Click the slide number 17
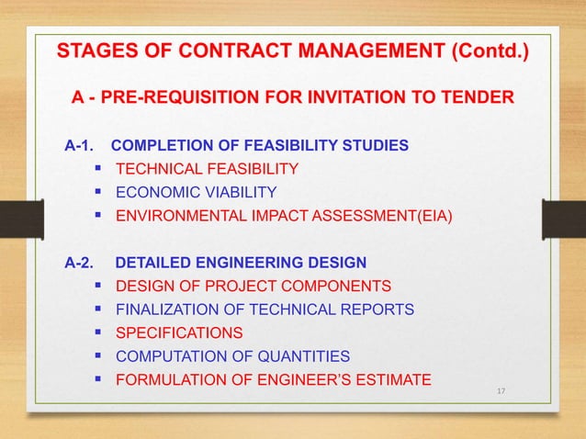tap(501, 392)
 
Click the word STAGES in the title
tap(89, 50)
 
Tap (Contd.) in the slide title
tap(488, 50)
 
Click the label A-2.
tap(79, 262)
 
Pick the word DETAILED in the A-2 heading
tap(150, 262)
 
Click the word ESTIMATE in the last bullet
tap(397, 379)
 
